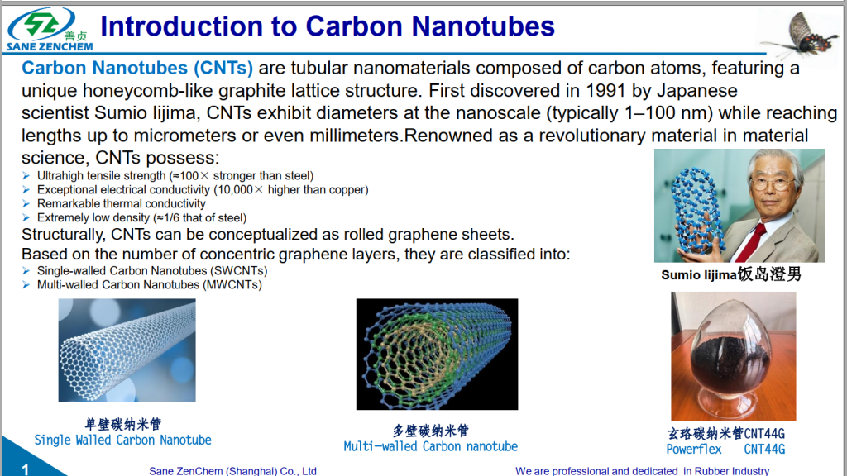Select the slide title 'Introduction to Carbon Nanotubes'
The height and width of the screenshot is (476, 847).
pos(327,26)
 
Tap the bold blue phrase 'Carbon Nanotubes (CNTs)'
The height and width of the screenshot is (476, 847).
pos(137,68)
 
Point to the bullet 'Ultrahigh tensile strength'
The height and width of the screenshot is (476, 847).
pos(175,176)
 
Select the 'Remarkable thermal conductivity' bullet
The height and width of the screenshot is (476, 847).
pos(121,204)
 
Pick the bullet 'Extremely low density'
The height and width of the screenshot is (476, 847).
pos(141,218)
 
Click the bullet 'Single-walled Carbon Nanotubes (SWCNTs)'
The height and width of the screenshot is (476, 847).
pos(151,271)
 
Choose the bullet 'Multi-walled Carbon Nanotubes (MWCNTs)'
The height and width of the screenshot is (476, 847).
pos(149,285)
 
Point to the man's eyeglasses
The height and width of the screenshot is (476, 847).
pos(773,183)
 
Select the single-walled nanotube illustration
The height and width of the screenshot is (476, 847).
pos(127,350)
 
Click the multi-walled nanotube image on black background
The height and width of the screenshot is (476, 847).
pos(437,354)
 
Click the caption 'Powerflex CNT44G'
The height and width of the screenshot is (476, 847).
pos(725,450)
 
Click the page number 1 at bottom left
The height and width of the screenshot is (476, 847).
pos(26,469)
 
